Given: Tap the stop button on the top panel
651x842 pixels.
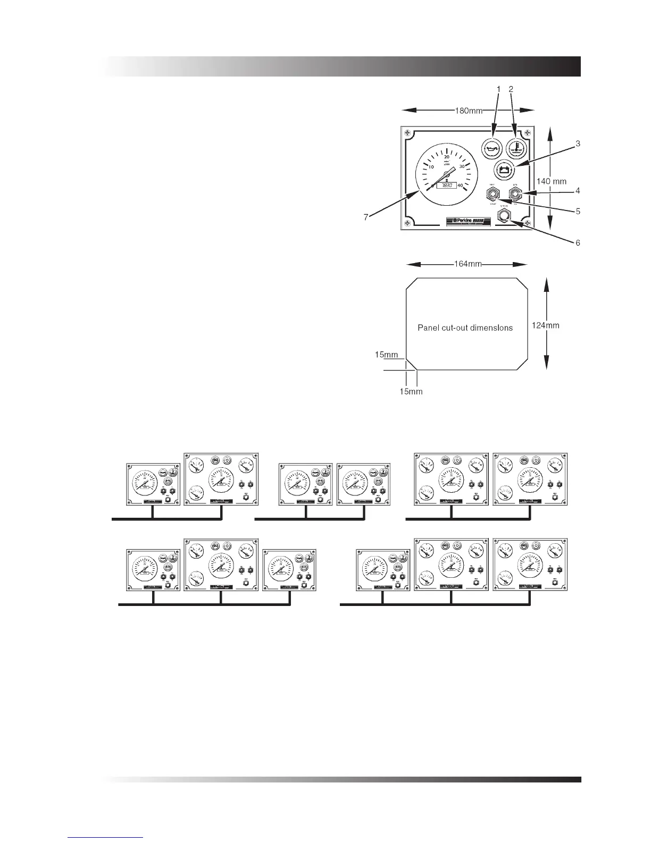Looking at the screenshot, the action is [503, 215].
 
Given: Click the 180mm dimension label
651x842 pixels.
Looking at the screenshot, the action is [468, 111].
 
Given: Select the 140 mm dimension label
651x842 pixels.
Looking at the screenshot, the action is [551, 181].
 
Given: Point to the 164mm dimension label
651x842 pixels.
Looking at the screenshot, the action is [468, 264].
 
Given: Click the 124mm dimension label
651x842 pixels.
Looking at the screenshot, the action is [546, 325].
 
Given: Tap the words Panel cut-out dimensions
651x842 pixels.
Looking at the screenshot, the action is [465, 327].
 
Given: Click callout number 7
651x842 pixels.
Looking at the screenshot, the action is [365, 217].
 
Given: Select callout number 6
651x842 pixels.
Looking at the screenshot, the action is [578, 243].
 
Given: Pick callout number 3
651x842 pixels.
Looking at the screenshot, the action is [578, 144].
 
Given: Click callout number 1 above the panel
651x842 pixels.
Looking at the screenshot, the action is [498, 89].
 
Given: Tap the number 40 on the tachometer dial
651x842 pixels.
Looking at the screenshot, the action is [461, 186].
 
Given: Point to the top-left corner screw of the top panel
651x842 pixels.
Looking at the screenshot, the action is [408, 132].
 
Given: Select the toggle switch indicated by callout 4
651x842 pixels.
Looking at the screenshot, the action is [515, 193].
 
